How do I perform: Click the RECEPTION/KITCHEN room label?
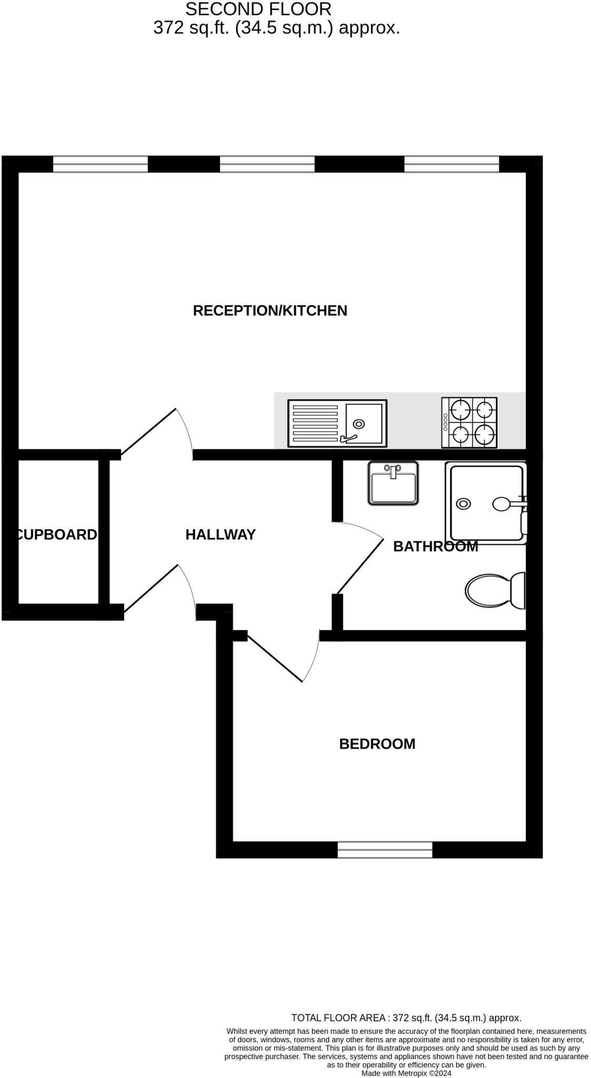[270, 311]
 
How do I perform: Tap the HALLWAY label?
[221, 535]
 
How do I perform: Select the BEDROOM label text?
[377, 744]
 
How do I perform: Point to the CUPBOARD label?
[57, 535]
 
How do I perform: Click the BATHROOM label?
[435, 546]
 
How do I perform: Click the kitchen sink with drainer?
[337, 423]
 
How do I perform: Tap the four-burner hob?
[469, 422]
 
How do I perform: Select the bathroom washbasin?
[393, 483]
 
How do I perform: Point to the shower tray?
[485, 503]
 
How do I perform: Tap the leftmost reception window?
[101, 164]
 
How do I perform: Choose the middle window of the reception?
[267, 164]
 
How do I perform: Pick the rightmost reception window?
[452, 164]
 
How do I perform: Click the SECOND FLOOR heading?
[258, 9]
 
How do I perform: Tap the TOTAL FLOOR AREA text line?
[406, 1018]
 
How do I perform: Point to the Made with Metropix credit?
[406, 1073]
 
